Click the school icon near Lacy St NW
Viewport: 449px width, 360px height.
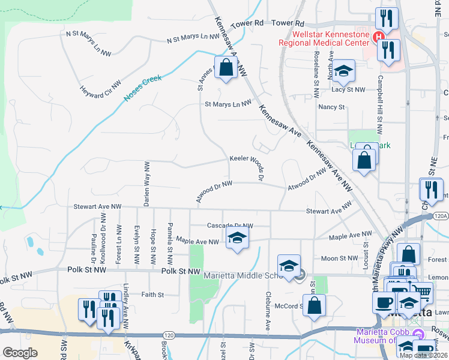pyautogui.click(x=343, y=72)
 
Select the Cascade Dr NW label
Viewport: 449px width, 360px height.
pyautogui.click(x=230, y=226)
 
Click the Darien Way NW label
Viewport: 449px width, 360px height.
pyautogui.click(x=146, y=184)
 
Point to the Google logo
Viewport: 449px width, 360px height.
pyautogui.click(x=20, y=353)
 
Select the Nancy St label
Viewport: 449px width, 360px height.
pyautogui.click(x=331, y=107)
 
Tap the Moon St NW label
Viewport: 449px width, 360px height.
pyautogui.click(x=339, y=259)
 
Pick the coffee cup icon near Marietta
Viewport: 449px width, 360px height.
pyautogui.click(x=384, y=303)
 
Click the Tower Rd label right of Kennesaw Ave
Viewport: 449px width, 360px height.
pyautogui.click(x=285, y=22)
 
